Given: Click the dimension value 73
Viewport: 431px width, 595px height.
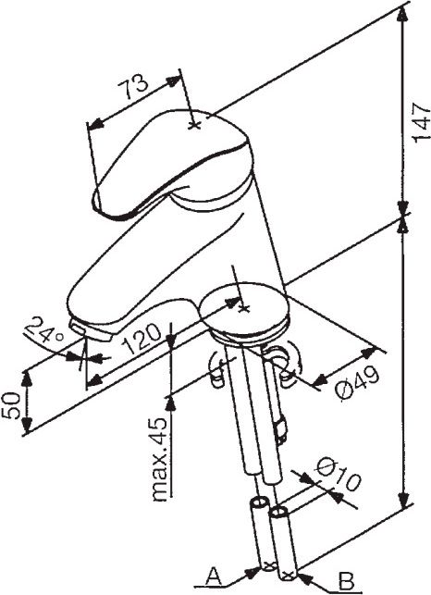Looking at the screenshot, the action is [132, 86].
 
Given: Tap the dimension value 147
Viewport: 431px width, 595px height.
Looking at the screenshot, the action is [421, 121].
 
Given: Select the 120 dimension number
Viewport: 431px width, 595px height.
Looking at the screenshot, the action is [142, 339].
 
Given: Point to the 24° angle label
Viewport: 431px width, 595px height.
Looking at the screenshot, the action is [43, 329].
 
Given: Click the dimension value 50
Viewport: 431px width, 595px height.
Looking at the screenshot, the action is [10, 405].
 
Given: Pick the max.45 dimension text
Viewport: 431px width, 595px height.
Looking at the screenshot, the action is [159, 460].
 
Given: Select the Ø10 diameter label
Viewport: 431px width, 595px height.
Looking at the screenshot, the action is [338, 474].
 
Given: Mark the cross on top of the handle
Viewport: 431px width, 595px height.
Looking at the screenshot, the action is [194, 125].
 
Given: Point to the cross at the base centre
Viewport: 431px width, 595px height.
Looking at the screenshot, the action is [243, 308].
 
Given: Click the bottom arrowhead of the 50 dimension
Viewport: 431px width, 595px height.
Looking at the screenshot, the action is [27, 424].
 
